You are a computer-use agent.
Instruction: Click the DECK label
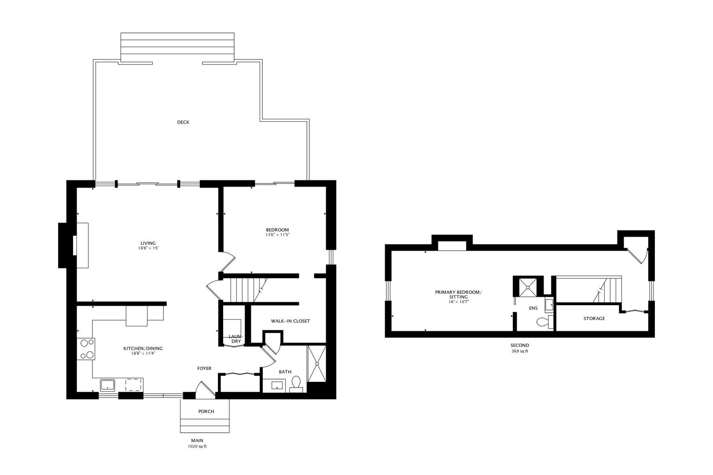[x=183, y=122]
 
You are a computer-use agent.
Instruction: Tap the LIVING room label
[x=148, y=243]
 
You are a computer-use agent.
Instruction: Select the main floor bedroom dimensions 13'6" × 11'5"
[x=278, y=235]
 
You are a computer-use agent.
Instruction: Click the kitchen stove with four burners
[x=86, y=349]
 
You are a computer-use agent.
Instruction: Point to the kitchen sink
[x=107, y=385]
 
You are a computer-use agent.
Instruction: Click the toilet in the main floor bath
[x=296, y=384]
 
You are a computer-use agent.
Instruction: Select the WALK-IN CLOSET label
[x=290, y=321]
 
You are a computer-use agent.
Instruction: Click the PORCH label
[x=206, y=411]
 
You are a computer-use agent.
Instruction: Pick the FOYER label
[x=204, y=369]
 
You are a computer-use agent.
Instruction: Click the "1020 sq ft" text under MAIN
[x=197, y=446]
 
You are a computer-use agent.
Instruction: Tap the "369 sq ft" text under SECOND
[x=520, y=351]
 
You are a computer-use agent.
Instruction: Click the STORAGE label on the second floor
[x=594, y=318]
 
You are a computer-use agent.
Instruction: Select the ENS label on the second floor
[x=533, y=308]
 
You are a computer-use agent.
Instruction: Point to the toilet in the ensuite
[x=545, y=322]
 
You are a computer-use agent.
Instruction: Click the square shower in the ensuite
[x=528, y=287]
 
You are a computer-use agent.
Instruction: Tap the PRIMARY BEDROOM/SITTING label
[x=458, y=294]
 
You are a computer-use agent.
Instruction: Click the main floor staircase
[x=244, y=289]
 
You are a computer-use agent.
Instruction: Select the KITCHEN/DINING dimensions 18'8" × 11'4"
[x=143, y=353]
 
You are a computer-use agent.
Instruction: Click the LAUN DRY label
[x=236, y=339]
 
